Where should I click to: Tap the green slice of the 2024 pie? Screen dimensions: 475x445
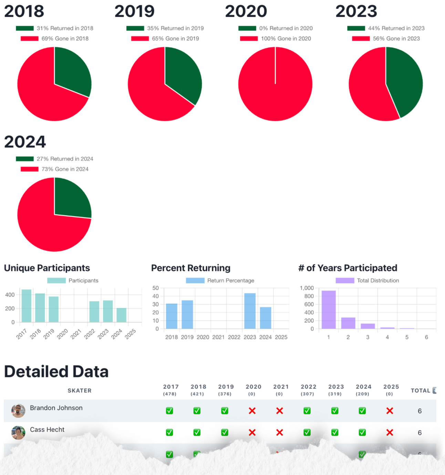(x=71, y=200)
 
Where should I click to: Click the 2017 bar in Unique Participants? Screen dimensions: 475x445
(x=27, y=306)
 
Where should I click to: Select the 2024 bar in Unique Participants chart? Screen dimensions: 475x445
(x=121, y=315)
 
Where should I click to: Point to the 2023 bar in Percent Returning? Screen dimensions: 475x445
(x=250, y=311)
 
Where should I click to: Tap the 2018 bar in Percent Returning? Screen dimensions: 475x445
(x=172, y=316)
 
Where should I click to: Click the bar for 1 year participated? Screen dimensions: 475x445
(x=329, y=310)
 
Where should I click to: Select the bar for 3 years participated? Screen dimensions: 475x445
(x=368, y=326)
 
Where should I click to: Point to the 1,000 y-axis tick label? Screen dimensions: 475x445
(x=307, y=288)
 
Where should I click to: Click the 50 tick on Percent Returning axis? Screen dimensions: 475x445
(x=156, y=288)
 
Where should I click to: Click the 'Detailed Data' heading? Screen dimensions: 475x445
(x=56, y=372)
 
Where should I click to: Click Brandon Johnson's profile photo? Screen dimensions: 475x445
(x=18, y=411)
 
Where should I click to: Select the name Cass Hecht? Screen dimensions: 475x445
(x=47, y=429)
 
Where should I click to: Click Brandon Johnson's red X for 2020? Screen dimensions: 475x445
(x=252, y=411)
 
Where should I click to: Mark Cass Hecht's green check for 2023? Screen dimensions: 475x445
(x=335, y=433)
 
